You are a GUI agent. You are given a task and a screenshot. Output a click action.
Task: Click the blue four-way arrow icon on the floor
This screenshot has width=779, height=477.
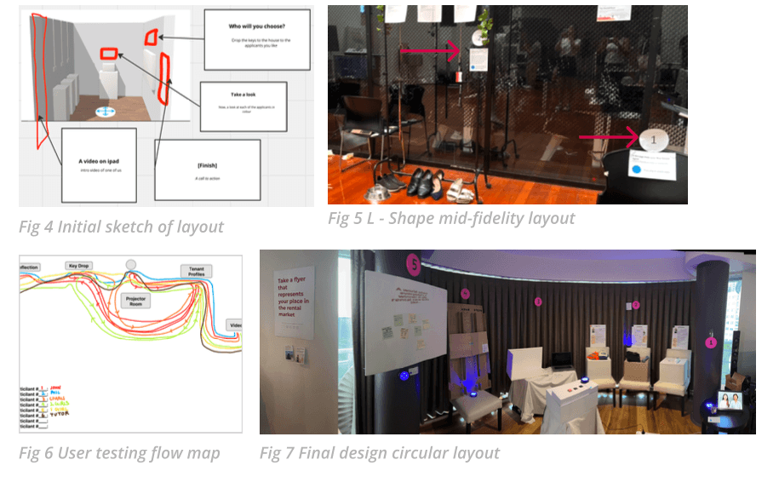tap(106, 112)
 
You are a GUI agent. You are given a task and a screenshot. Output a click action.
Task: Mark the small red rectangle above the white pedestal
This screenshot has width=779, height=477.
tap(109, 54)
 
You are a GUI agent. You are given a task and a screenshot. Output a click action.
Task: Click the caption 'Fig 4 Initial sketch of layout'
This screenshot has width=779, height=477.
tap(121, 227)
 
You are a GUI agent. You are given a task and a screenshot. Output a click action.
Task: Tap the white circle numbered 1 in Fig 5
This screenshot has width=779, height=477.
tap(653, 138)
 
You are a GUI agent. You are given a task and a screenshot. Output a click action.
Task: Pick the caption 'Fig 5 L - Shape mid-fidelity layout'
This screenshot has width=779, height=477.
tap(451, 218)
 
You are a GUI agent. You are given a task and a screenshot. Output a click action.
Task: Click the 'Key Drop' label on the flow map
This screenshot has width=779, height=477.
tap(79, 266)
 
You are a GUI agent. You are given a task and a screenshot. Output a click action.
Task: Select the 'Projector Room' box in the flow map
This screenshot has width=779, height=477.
tap(137, 302)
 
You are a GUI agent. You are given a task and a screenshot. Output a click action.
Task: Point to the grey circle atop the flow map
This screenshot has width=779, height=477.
tap(130, 264)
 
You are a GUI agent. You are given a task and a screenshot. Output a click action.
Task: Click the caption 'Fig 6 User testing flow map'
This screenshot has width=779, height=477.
tap(119, 452)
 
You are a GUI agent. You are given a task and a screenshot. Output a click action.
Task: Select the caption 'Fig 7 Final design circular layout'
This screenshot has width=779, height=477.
tap(380, 452)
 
